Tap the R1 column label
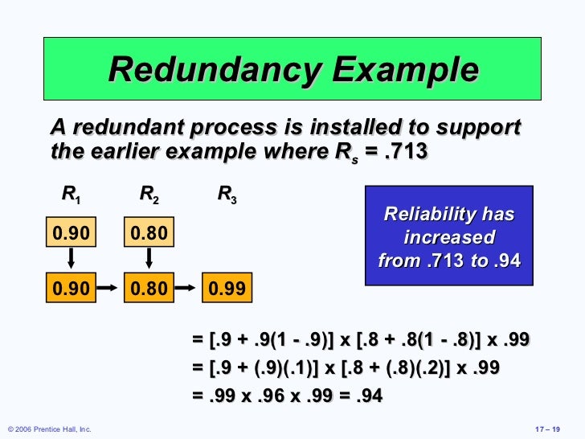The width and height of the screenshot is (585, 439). coord(71,195)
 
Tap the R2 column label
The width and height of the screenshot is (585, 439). coord(149,195)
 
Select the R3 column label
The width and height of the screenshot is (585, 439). coord(227,195)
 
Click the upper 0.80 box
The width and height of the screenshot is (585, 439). coord(148,234)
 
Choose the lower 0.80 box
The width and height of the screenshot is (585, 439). coord(148,287)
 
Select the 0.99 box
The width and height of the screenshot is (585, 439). coord(227,287)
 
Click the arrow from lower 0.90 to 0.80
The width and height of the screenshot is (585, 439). coord(108,287)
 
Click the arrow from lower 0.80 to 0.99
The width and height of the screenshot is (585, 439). coord(186,287)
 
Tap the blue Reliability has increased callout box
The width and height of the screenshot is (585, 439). coord(448,236)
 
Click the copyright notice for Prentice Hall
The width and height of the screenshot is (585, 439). coord(48,430)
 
